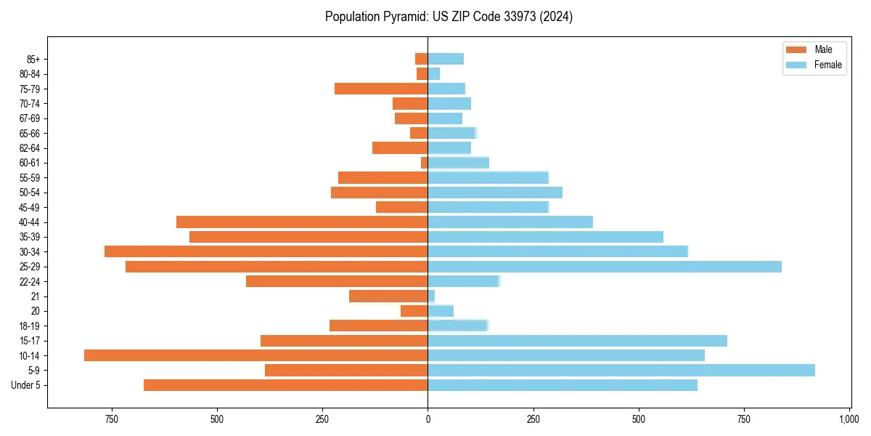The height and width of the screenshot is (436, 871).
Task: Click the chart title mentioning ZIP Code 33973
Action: point(449,17)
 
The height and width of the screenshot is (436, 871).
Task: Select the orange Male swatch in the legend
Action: point(796,49)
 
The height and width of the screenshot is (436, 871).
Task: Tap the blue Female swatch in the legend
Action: point(796,65)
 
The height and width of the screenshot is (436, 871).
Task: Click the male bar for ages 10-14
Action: point(255,355)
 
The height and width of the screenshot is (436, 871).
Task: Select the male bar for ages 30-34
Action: point(266,251)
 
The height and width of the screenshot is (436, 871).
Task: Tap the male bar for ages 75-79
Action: point(381,89)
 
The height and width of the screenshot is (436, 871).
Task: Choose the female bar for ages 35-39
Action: point(545,237)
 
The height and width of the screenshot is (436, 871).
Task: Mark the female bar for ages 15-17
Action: point(577,341)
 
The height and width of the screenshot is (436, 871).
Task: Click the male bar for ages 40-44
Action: point(302,222)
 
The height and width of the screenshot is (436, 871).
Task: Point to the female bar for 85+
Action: point(446,59)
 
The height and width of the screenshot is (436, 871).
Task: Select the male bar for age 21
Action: point(388,296)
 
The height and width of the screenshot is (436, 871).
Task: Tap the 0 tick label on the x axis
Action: point(428,419)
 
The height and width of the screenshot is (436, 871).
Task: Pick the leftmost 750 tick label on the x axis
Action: point(111,419)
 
